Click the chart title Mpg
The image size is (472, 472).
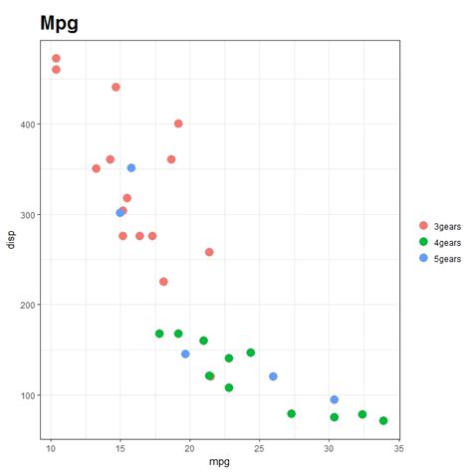tap(59, 22)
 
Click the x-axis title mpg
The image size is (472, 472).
tap(219, 462)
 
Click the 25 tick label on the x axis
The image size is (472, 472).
tap(259, 447)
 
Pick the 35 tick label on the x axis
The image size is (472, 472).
tap(398, 447)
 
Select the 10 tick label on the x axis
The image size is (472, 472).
tap(51, 447)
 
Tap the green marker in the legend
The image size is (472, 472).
tap(423, 242)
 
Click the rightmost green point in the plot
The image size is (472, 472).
tap(383, 420)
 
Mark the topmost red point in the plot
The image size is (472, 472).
tap(56, 59)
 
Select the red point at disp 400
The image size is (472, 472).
tap(178, 123)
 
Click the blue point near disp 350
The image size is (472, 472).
tap(131, 168)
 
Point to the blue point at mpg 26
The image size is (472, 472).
tap(273, 376)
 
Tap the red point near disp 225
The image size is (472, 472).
tap(163, 282)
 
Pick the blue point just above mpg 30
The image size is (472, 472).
tap(335, 399)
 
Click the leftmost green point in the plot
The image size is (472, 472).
tap(159, 334)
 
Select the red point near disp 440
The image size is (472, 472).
tap(116, 88)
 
